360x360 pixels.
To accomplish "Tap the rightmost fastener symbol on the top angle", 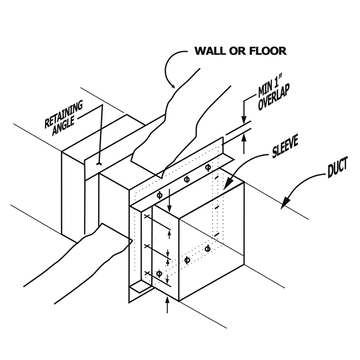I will pyautogui.click(x=207, y=167).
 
